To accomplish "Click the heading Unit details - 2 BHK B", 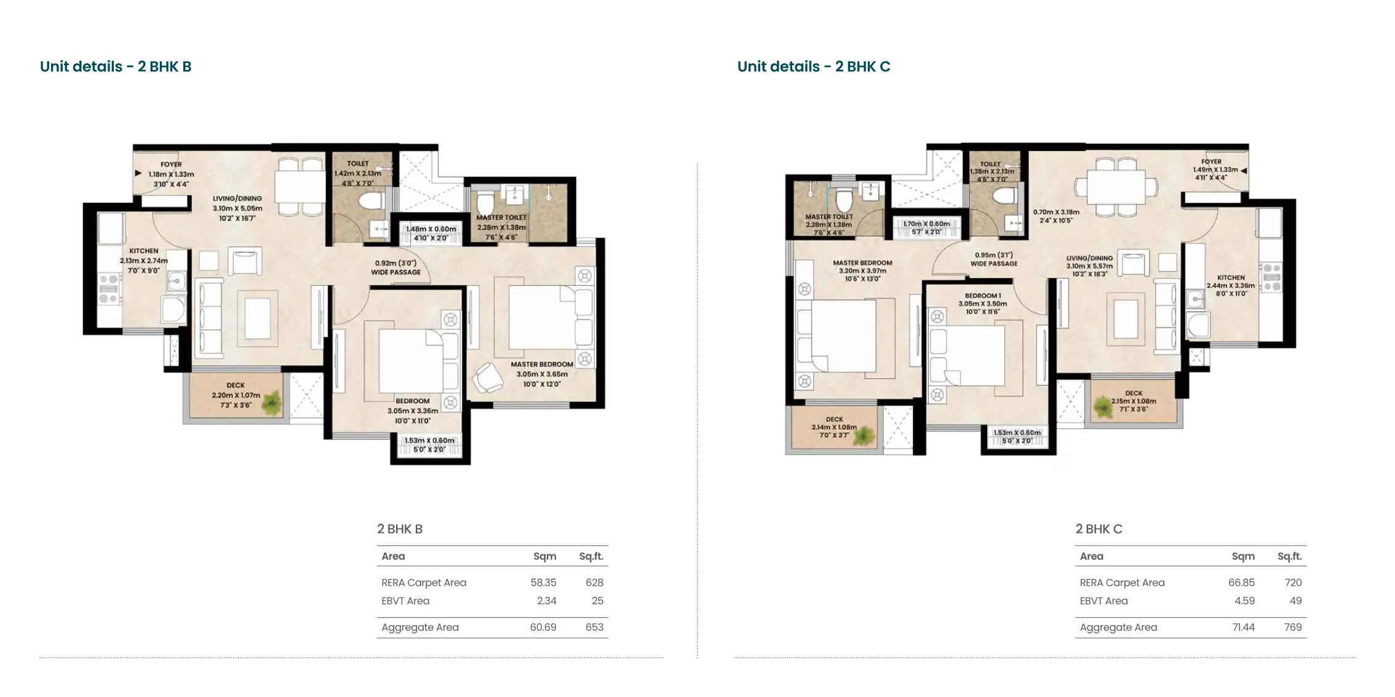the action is click(x=116, y=66).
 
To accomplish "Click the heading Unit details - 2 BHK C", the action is click(x=814, y=66).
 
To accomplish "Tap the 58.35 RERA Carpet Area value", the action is click(x=543, y=583).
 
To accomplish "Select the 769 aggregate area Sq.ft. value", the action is click(x=1293, y=628).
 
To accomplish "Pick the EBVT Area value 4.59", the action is click(x=1244, y=601).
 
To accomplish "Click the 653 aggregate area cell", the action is click(x=594, y=628).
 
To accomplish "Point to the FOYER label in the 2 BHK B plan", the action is click(x=171, y=165).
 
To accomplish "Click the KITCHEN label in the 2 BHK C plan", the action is click(x=1231, y=278).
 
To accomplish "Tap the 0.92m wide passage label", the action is click(x=396, y=267).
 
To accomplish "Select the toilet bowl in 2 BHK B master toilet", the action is click(x=485, y=200).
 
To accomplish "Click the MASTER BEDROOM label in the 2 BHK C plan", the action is click(x=862, y=263).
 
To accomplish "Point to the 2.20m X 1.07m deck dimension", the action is click(x=236, y=395).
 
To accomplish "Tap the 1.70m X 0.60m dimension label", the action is click(x=926, y=224).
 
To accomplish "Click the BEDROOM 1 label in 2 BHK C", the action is click(x=982, y=296).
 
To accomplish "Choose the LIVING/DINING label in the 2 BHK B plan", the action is click(x=237, y=199).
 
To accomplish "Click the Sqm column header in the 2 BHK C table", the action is click(x=1243, y=557).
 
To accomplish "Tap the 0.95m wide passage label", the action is click(x=994, y=259).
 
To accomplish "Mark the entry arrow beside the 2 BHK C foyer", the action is click(x=1244, y=171).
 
